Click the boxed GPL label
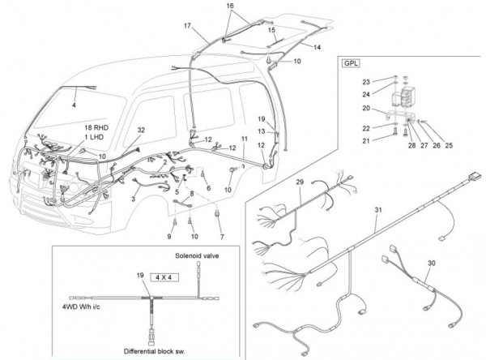[352, 63]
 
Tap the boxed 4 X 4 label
[164, 277]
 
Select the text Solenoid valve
[197, 255]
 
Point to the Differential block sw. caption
[155, 351]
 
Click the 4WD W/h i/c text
[81, 307]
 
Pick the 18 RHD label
[96, 127]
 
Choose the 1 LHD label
[95, 137]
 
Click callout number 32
[141, 130]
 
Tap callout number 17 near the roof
[187, 25]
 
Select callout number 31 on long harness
[377, 210]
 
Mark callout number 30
[432, 264]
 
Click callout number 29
[300, 182]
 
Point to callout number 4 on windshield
[74, 105]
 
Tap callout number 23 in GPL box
[366, 82]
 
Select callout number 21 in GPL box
[366, 141]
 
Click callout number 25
[449, 145]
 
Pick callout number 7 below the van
[222, 237]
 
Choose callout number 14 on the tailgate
[317, 47]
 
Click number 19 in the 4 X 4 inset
[140, 275]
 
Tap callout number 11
[245, 139]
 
